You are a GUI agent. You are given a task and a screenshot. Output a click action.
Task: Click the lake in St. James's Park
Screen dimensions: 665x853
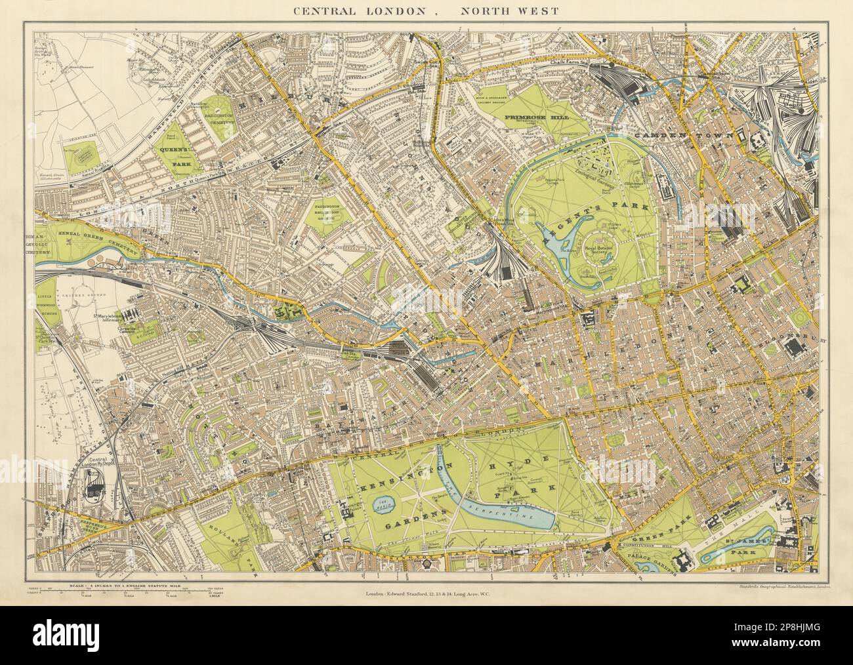point(738,550)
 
